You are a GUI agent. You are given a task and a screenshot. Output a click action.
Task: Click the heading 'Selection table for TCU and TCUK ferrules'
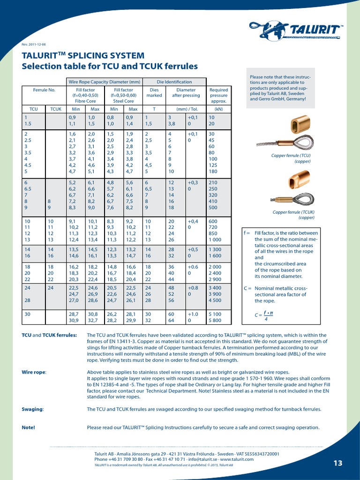tap(110, 67)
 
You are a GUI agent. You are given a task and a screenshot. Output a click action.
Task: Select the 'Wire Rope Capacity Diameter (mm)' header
tap(104, 82)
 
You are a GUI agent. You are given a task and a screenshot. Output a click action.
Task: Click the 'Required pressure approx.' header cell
tap(218, 95)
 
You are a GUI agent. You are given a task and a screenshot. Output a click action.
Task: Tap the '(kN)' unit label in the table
tap(218, 109)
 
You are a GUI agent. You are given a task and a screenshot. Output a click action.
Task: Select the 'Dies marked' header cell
tap(154, 92)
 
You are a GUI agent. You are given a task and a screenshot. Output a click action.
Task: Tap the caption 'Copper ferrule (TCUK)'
tap(293, 212)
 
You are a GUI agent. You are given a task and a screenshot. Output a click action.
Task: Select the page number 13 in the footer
tap(338, 463)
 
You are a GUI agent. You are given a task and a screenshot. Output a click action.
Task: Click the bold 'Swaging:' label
tap(33, 409)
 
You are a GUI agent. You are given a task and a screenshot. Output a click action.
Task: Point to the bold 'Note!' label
tap(29, 427)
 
